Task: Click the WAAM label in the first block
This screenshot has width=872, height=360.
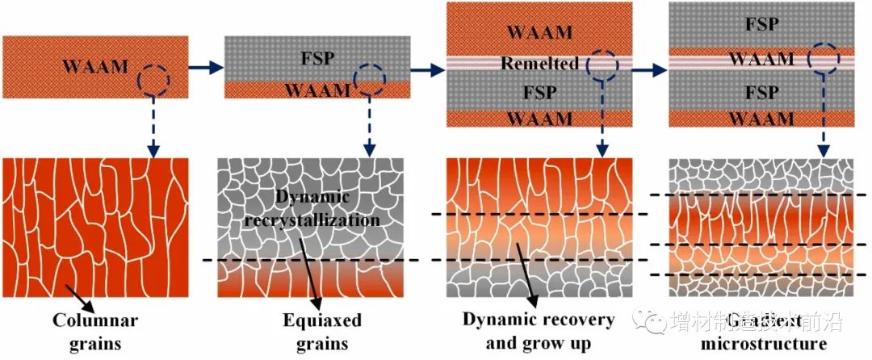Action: coord(96,67)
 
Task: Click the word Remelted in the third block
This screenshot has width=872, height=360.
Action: coord(539,63)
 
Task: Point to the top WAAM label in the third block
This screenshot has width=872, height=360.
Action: coord(539,33)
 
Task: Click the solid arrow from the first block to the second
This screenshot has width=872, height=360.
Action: coord(206,69)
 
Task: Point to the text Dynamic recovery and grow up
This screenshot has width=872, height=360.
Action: coord(539,332)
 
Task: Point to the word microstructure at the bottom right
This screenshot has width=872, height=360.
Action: coord(762,344)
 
